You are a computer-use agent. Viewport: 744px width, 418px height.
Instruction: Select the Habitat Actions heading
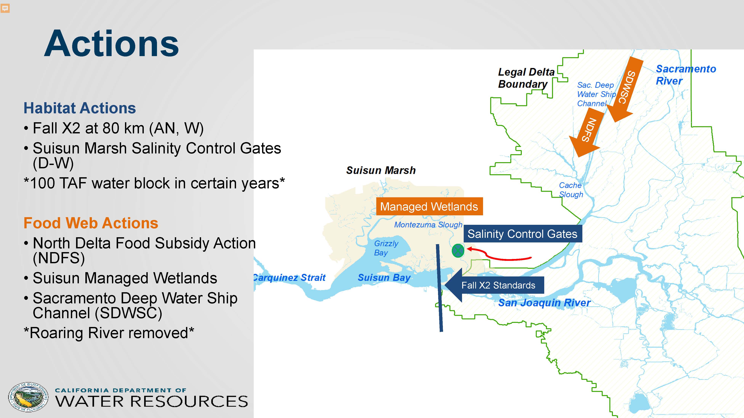(x=80, y=108)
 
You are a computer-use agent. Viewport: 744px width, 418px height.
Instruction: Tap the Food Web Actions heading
(x=91, y=223)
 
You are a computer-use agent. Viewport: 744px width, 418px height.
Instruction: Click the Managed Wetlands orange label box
(x=429, y=206)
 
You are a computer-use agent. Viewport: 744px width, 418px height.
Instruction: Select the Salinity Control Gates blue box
(x=523, y=234)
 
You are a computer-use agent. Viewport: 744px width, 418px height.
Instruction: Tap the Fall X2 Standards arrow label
(x=494, y=285)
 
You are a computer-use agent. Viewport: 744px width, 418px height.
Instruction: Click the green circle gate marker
(x=458, y=250)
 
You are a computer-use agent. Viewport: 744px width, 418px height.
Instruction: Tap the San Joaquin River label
(x=544, y=303)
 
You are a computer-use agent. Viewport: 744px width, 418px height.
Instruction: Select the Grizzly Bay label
(x=386, y=248)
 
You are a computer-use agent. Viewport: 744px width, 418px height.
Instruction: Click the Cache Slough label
(x=571, y=189)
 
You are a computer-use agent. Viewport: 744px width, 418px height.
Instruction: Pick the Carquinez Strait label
(x=289, y=278)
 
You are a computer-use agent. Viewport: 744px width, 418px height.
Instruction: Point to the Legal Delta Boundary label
(x=526, y=78)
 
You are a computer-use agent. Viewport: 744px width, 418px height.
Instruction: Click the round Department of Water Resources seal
(x=28, y=397)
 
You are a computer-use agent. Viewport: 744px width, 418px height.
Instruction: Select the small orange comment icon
(x=5, y=8)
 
